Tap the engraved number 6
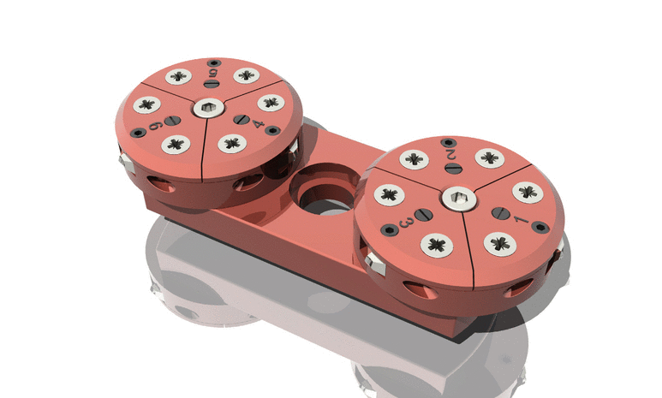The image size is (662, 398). (156, 128)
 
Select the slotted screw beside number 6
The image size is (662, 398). (172, 122)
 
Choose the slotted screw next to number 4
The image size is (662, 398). (243, 119)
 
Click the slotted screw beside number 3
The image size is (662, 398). (421, 213)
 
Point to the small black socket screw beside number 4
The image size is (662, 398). (272, 131)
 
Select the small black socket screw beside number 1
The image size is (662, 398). (540, 226)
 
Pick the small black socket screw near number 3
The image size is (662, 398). (390, 229)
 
